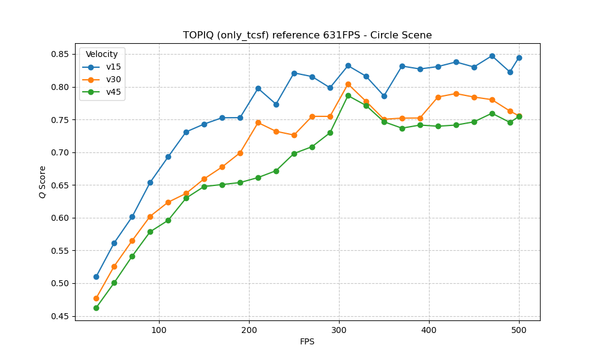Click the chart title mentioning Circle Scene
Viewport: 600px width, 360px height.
click(x=307, y=35)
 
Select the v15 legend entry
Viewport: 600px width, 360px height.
click(x=113, y=67)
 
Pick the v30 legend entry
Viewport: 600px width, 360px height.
click(x=113, y=79)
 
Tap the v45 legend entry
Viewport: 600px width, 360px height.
click(x=113, y=92)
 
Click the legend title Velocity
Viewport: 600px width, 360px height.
click(x=102, y=55)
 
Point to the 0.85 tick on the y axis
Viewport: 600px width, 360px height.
click(x=61, y=55)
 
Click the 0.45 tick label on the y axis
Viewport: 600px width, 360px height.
click(x=61, y=316)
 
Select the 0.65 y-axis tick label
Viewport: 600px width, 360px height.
click(x=61, y=185)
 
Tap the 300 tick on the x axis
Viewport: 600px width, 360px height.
click(x=339, y=329)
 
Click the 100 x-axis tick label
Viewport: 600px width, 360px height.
click(x=159, y=329)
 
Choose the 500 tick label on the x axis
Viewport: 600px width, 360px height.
click(x=519, y=329)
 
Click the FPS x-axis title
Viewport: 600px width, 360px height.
click(x=307, y=342)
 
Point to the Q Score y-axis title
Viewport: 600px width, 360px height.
click(x=43, y=182)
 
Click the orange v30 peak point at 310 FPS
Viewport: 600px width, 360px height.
click(x=348, y=84)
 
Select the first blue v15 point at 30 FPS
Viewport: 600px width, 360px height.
click(x=96, y=277)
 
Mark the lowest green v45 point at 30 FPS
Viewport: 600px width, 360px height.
click(x=96, y=308)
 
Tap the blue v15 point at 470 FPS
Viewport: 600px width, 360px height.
click(x=492, y=56)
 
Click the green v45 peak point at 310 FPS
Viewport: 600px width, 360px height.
click(x=348, y=95)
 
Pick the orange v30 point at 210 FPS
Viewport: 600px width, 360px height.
click(x=258, y=122)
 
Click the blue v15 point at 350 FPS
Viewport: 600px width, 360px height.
click(x=384, y=96)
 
